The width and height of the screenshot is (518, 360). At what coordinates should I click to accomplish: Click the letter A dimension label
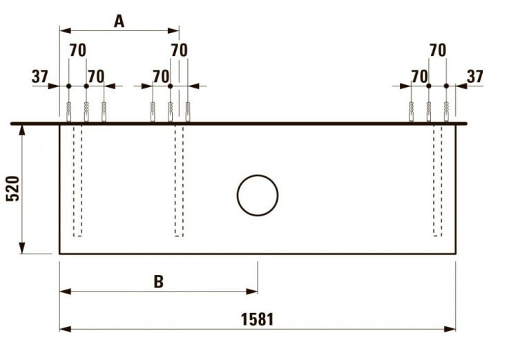pyautogui.click(x=119, y=21)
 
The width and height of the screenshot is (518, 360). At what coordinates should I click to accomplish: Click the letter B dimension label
pyautogui.click(x=158, y=281)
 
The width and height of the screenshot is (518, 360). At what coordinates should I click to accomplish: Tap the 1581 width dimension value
pyautogui.click(x=257, y=319)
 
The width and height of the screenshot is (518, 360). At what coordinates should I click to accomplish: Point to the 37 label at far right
pyautogui.click(x=475, y=76)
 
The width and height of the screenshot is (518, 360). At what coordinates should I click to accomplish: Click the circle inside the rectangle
pyautogui.click(x=257, y=194)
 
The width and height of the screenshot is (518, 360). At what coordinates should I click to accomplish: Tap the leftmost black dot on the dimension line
pyautogui.click(x=68, y=86)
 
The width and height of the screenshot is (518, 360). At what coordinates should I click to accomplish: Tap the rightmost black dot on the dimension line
pyautogui.click(x=446, y=86)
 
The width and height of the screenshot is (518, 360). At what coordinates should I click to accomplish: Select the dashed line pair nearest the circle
pyautogui.click(x=179, y=180)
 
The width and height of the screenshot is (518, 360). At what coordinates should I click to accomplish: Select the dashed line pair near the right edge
pyautogui.click(x=437, y=180)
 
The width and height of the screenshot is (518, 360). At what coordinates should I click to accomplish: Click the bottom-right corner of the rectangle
pyautogui.click(x=455, y=254)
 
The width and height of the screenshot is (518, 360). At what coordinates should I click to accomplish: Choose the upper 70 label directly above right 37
pyautogui.click(x=437, y=50)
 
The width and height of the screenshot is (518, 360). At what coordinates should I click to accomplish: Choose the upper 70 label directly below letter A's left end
pyautogui.click(x=78, y=50)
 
